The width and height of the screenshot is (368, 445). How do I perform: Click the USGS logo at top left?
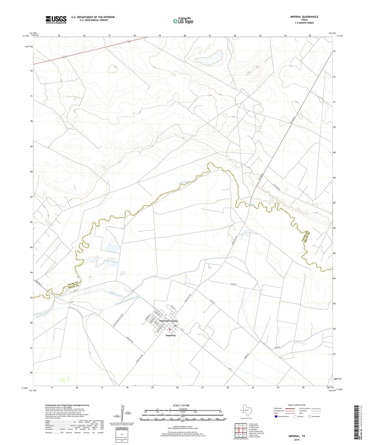tap(56, 20)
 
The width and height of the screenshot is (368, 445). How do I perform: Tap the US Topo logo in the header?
tap(183, 21)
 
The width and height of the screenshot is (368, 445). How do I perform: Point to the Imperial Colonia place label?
tap(168, 321)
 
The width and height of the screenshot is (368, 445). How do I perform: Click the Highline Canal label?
tap(115, 294)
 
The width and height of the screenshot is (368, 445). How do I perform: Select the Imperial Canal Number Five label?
tap(127, 300)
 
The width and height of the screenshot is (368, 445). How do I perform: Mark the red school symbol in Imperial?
tap(170, 329)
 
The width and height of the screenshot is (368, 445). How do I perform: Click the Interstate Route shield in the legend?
tap(276, 416)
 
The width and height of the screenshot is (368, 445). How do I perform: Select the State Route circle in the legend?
tap(310, 416)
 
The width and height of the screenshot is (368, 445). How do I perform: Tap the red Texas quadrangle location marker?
tap(244, 410)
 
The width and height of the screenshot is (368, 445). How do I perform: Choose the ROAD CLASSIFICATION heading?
tap(297, 405)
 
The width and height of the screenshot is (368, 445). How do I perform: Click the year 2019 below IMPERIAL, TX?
tap(297, 440)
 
